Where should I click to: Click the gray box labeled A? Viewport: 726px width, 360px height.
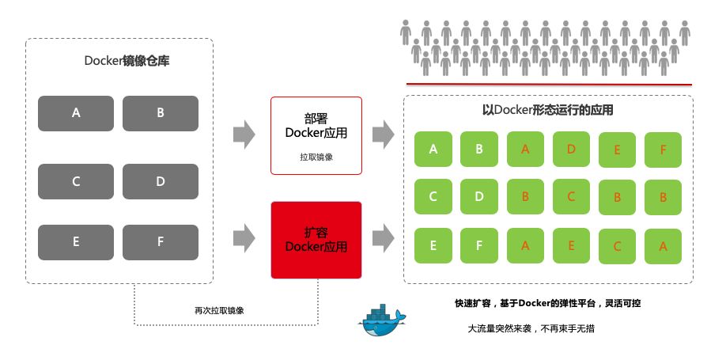(x=76, y=113)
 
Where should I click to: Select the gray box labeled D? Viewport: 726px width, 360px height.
(x=160, y=181)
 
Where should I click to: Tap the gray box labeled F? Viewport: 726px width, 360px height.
(x=160, y=242)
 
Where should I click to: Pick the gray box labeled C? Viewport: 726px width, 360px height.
(x=76, y=181)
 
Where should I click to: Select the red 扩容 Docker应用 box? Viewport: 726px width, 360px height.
(x=316, y=240)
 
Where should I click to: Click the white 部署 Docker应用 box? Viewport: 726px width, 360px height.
(x=316, y=135)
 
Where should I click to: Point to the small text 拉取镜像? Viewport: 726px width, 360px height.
(x=316, y=157)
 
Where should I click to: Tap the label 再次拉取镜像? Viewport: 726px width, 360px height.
(x=218, y=310)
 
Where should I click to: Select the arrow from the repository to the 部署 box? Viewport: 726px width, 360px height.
(x=244, y=134)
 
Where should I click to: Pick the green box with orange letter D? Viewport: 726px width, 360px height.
(x=571, y=148)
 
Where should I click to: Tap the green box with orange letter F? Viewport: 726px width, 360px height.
(x=663, y=148)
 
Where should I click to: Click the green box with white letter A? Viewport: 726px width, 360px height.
(x=433, y=148)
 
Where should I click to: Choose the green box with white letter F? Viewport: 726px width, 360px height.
(x=478, y=245)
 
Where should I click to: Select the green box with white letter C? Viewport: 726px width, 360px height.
(x=433, y=197)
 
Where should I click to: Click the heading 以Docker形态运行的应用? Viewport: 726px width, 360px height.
(x=547, y=111)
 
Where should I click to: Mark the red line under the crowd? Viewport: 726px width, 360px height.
(x=549, y=84)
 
